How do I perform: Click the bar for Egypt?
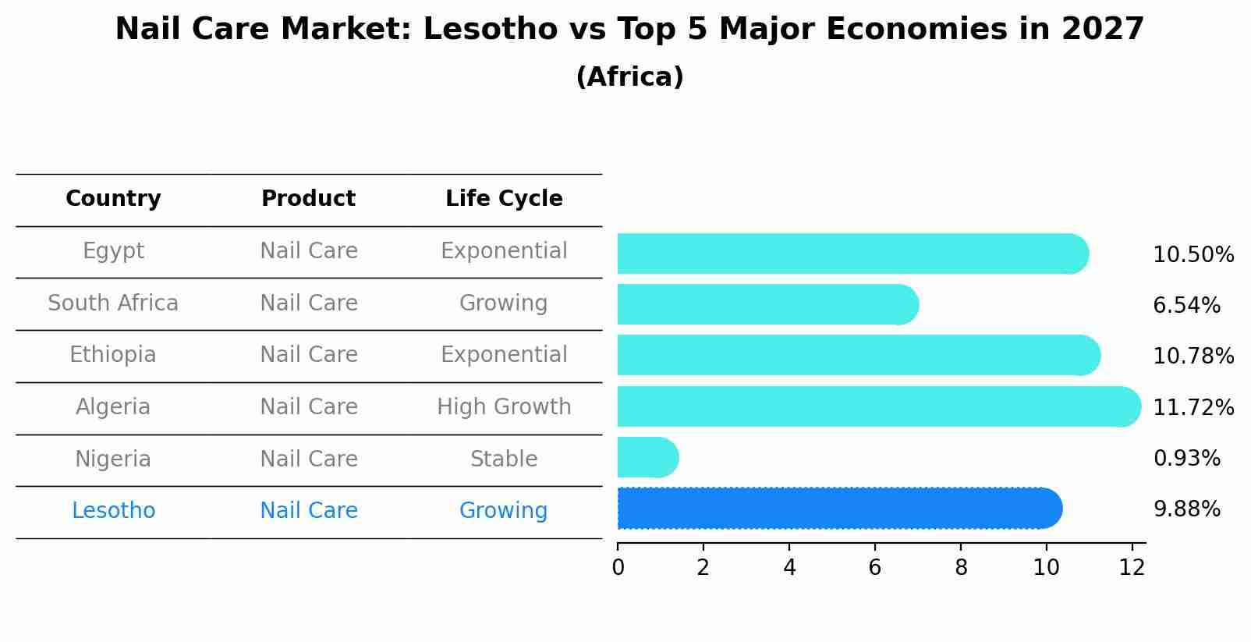tap(852, 254)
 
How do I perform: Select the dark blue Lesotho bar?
tap(838, 509)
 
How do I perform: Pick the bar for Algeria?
tap(877, 406)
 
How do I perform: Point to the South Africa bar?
tap(767, 304)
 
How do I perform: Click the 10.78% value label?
tap(1193, 356)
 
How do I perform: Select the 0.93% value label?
tap(1186, 458)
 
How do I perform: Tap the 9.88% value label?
tap(1186, 509)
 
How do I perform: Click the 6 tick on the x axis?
tap(874, 567)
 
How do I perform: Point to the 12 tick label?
tap(1131, 567)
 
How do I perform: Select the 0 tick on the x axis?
tap(618, 567)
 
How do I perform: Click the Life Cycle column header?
tap(504, 199)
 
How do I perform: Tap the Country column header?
tap(113, 199)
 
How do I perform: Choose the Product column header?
tap(308, 199)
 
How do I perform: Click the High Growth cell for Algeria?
tap(504, 406)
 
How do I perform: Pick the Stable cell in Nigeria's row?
tap(504, 459)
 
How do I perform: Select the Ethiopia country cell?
tap(113, 355)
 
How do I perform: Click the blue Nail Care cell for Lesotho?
tap(308, 510)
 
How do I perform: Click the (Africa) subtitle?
tap(629, 76)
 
